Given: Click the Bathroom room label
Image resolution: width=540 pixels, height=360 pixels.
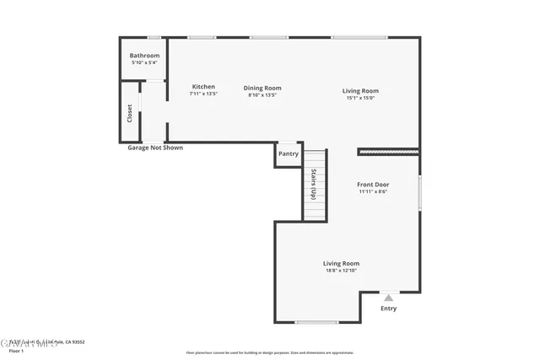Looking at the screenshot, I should pyautogui.click(x=144, y=56).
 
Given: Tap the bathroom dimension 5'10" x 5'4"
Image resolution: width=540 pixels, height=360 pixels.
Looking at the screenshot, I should pyautogui.click(x=144, y=63).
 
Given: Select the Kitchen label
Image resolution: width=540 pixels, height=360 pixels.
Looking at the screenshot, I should pyautogui.click(x=203, y=87).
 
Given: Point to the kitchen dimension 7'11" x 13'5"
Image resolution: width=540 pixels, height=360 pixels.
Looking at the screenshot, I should pyautogui.click(x=203, y=94).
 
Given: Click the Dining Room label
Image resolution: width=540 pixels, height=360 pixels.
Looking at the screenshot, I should pyautogui.click(x=262, y=88).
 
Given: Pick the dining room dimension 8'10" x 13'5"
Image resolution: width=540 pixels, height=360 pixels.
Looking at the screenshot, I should pyautogui.click(x=262, y=95).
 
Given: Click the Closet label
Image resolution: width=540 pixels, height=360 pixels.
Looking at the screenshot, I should pyautogui.click(x=130, y=113).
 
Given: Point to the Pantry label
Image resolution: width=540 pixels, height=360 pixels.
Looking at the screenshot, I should pyautogui.click(x=289, y=153).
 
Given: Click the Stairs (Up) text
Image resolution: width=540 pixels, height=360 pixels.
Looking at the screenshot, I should pyautogui.click(x=314, y=183).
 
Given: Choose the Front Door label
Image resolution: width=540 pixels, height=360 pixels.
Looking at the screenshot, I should pyautogui.click(x=372, y=184).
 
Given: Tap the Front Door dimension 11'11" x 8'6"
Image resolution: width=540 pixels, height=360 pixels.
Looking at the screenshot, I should pyautogui.click(x=372, y=191).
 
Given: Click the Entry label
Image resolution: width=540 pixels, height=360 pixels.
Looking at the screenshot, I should pyautogui.click(x=388, y=309).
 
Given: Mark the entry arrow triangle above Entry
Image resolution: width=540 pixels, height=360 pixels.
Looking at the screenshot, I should pyautogui.click(x=388, y=298).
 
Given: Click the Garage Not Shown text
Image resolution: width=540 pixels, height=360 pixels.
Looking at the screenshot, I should pyautogui.click(x=154, y=148).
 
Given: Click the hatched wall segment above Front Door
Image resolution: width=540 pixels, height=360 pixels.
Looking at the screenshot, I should pyautogui.click(x=389, y=152).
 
